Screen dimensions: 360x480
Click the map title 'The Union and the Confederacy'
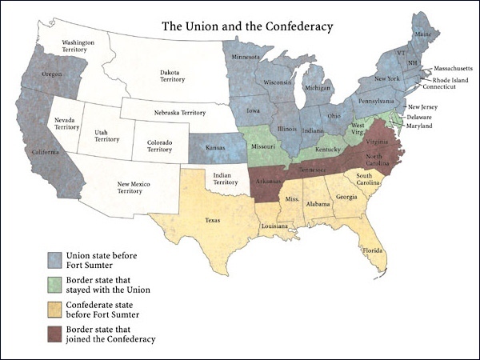click(x=247, y=26)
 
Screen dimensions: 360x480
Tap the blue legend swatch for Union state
click(x=55, y=259)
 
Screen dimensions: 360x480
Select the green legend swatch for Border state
click(x=55, y=283)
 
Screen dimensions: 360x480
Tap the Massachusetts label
click(x=452, y=70)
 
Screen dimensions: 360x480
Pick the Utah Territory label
click(x=106, y=134)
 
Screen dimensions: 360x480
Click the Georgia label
click(x=346, y=198)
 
